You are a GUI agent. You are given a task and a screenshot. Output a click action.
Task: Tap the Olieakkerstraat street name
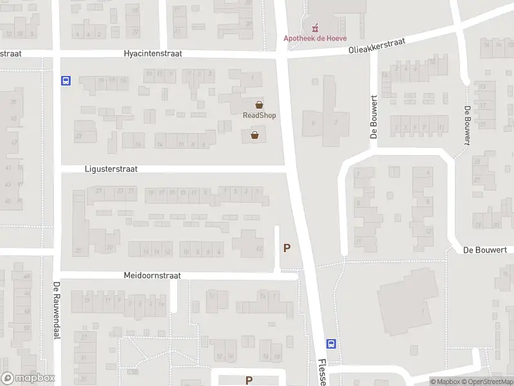[x=377, y=45]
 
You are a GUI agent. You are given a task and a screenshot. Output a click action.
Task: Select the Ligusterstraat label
[x=111, y=169]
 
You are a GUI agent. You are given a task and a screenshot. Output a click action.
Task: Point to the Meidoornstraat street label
[x=152, y=275]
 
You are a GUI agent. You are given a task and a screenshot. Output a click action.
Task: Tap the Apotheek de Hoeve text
[x=315, y=38]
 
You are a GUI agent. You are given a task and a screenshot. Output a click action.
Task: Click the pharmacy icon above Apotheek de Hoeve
[x=315, y=28]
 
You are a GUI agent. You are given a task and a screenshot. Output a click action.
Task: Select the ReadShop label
[x=259, y=115]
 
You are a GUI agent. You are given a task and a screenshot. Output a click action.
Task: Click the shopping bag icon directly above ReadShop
[x=259, y=105]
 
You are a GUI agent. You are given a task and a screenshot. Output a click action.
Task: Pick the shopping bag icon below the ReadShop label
[x=255, y=135]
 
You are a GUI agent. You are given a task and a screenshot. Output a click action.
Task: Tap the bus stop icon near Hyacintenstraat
[x=66, y=81]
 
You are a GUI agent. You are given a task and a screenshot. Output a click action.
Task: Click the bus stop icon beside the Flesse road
[x=331, y=344]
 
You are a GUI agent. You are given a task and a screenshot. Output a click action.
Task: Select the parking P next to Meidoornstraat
[x=287, y=248]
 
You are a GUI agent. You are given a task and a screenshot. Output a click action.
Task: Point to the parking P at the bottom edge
[x=249, y=381]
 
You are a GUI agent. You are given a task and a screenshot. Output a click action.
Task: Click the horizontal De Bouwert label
[x=486, y=250]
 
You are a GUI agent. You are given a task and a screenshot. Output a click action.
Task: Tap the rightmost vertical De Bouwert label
[x=467, y=127]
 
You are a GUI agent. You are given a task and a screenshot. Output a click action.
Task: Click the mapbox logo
[x=28, y=378]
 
